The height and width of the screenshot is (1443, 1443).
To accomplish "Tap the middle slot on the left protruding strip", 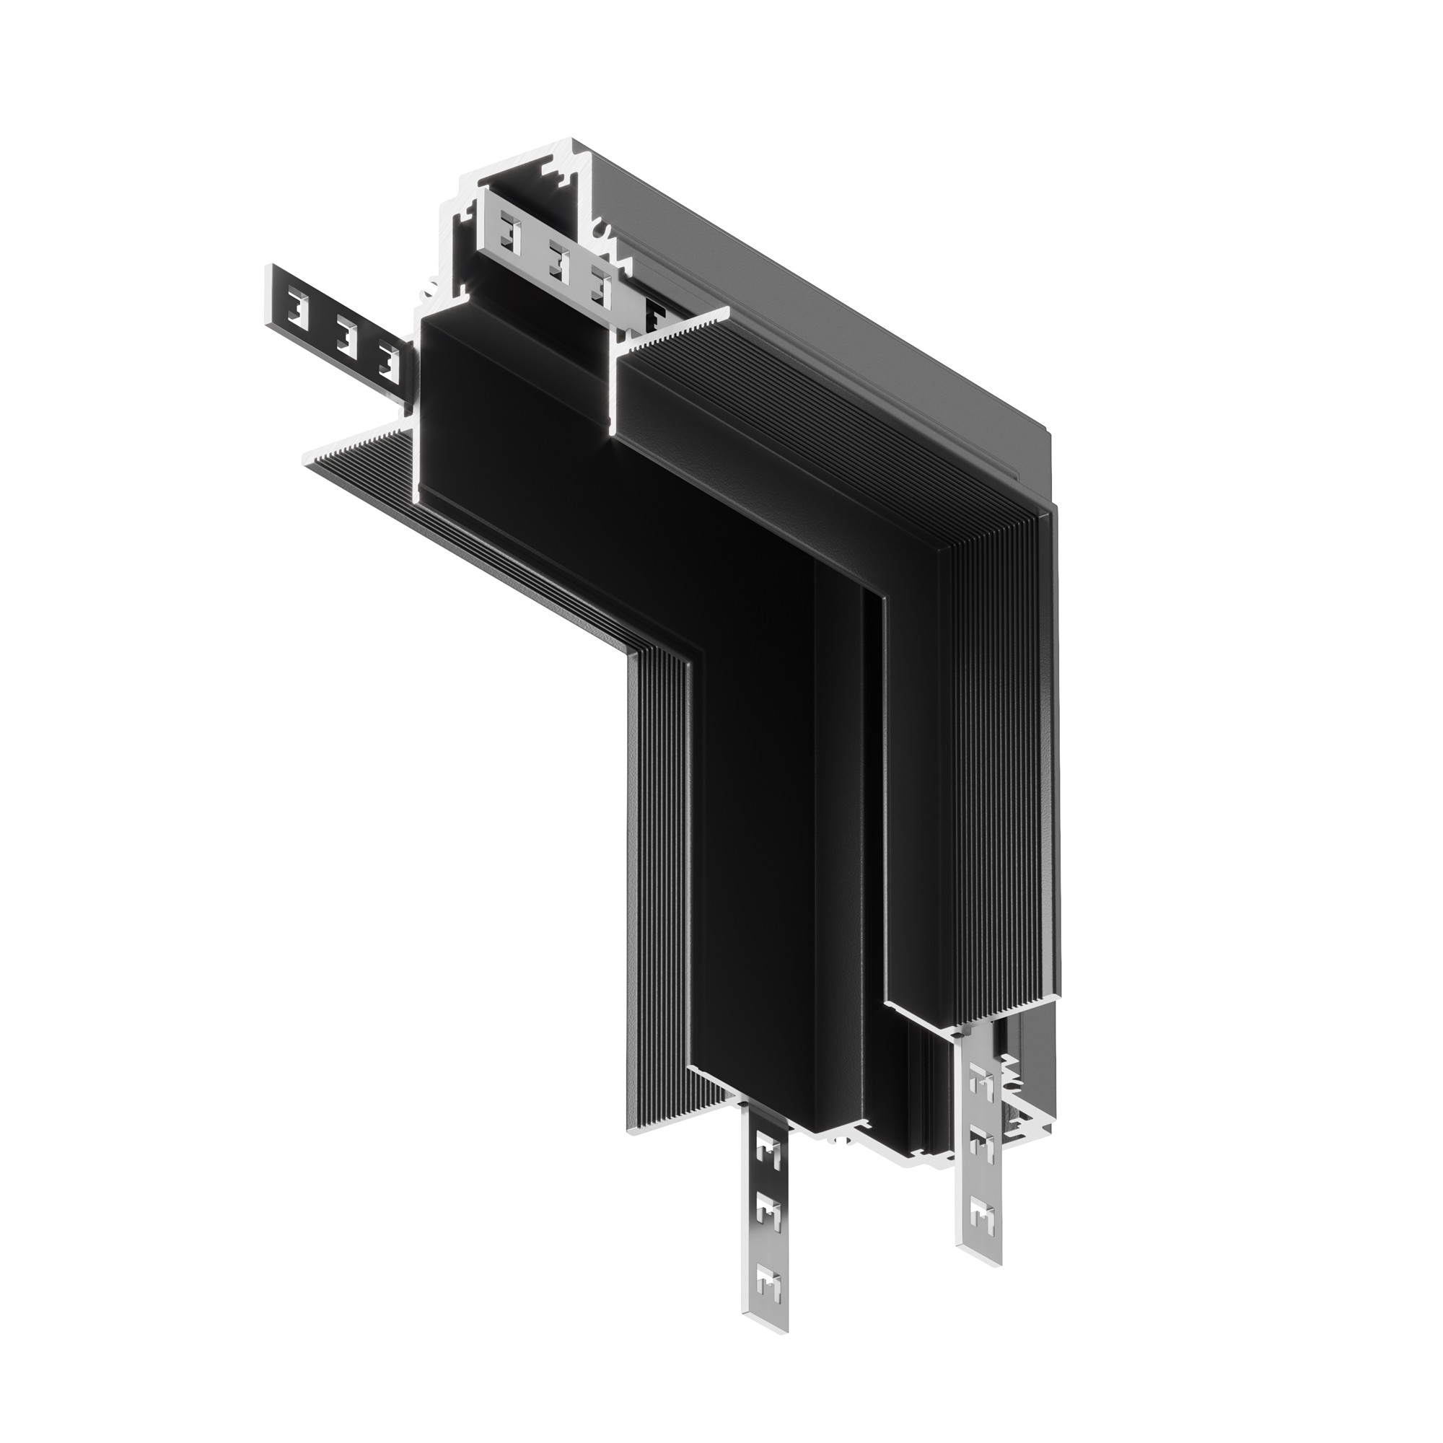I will click(344, 332).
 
